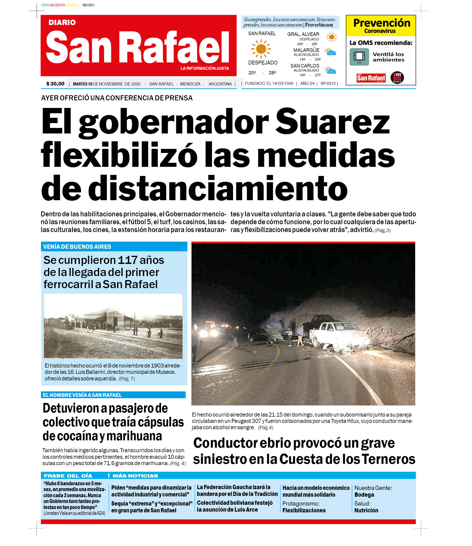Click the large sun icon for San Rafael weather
tap(261, 49)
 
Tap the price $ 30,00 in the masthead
tap(55, 84)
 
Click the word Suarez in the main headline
tap(332, 122)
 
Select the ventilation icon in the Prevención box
tap(359, 57)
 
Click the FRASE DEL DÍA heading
tap(68, 476)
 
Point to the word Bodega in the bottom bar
tap(364, 495)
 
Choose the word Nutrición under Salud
tap(366, 510)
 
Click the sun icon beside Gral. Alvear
tap(331, 37)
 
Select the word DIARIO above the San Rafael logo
tap(62, 22)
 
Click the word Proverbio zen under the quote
tap(319, 25)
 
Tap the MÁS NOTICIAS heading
tap(135, 476)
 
